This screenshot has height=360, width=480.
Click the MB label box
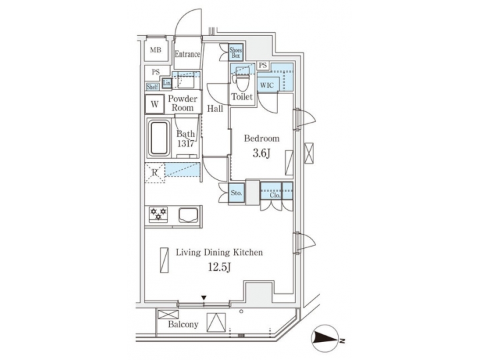coord(155,51)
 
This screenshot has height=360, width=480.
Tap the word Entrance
coord(187,54)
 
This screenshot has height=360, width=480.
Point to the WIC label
coord(267,85)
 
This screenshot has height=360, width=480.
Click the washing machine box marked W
coord(155,104)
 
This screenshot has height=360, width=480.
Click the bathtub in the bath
coord(158,139)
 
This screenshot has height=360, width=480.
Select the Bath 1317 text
coord(185,139)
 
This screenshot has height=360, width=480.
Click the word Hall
coord(215,108)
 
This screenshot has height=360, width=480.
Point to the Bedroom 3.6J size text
coord(261,155)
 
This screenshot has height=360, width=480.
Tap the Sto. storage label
coord(235,193)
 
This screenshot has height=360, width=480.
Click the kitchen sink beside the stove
coord(186,215)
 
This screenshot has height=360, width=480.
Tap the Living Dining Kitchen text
coord(219,253)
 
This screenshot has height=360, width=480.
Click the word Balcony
coord(183,325)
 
